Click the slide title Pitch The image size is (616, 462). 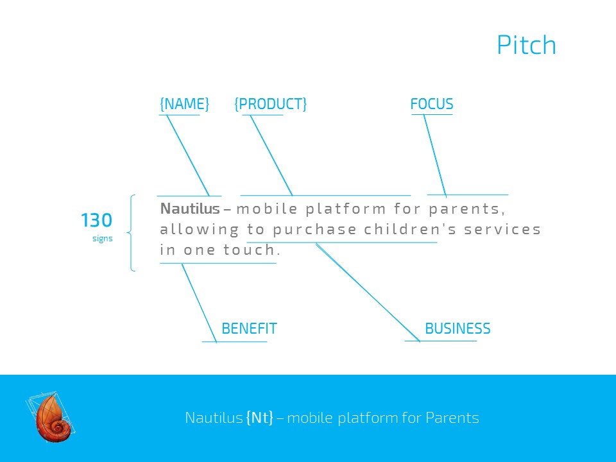click(x=526, y=45)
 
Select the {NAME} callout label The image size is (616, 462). click(x=184, y=104)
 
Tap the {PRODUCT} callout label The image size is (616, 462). click(x=270, y=104)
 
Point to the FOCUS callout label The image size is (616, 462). click(x=432, y=104)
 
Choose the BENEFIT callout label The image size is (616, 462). click(x=250, y=329)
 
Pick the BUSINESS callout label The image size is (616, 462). click(x=458, y=329)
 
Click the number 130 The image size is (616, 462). click(x=97, y=220)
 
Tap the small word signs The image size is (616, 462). click(x=103, y=239)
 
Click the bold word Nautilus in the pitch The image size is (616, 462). click(x=190, y=208)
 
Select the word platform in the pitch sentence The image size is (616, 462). click(x=346, y=209)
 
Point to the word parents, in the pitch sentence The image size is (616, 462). click(x=466, y=209)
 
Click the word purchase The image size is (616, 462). click(x=314, y=230)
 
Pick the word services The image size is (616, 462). click(x=502, y=229)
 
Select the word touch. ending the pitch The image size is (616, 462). click(x=252, y=250)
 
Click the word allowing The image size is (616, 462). click(x=199, y=230)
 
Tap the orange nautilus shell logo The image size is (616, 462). click(x=51, y=417)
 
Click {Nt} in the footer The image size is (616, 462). click(x=259, y=417)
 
